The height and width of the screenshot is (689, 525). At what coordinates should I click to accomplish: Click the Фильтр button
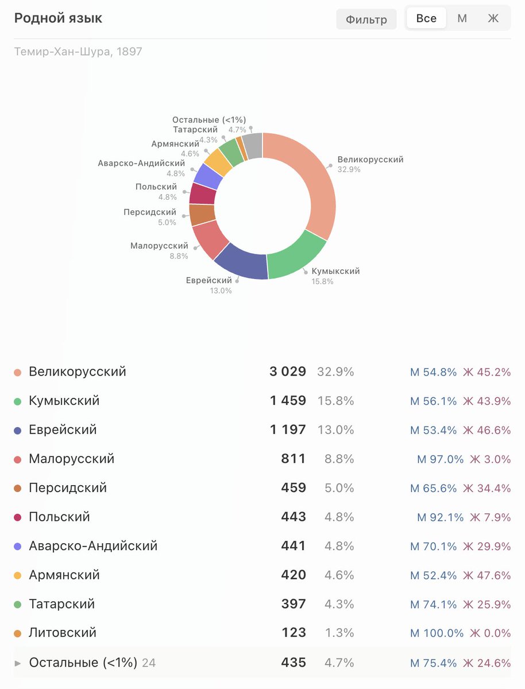366,20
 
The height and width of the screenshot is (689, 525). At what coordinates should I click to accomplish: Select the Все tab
426,18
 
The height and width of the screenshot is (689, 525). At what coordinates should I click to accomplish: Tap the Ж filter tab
493,18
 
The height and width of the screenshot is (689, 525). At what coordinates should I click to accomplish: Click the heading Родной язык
58,18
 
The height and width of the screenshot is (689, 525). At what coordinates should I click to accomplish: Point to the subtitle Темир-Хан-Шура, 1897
78,52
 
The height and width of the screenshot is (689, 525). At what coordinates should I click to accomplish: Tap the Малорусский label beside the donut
159,246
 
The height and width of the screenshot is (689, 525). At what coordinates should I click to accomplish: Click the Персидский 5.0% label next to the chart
150,216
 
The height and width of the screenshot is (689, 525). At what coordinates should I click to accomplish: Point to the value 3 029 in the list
288,371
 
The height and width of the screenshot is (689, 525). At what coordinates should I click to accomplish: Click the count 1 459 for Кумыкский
288,401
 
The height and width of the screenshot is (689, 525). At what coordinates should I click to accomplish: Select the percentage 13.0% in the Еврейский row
335,429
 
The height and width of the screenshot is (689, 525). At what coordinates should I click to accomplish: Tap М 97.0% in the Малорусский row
440,459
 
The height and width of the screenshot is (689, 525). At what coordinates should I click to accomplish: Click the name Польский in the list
59,517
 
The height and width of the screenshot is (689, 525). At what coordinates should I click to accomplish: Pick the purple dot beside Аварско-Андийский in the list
17,546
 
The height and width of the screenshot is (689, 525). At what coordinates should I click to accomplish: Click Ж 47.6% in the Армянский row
487,575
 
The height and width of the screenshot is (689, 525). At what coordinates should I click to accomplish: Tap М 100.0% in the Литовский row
437,633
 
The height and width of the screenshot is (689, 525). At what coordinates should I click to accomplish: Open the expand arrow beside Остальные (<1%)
17,663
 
